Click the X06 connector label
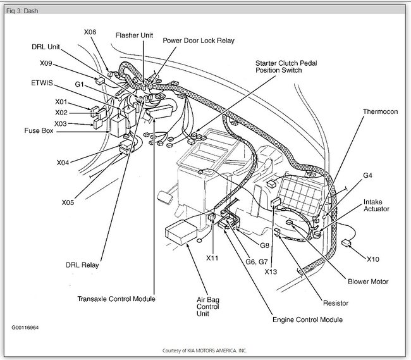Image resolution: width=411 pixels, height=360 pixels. point(90,32)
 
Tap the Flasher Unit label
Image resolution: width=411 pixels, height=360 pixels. point(134,35)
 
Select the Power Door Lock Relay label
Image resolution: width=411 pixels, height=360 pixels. point(199,40)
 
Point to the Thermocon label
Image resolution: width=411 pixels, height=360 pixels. point(380,112)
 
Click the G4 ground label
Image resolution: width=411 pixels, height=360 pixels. point(367,175)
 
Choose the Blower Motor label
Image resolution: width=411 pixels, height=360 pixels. point(368,282)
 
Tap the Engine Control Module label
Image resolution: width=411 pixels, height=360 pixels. point(307,320)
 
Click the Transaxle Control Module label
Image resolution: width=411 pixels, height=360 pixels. point(116,299)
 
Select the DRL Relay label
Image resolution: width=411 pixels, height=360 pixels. point(82,265)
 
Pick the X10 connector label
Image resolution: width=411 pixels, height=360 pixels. point(372,259)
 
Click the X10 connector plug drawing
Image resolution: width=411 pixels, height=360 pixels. point(347,243)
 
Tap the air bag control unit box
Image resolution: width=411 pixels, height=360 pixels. point(181,232)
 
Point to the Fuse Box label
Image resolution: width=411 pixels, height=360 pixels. point(39,130)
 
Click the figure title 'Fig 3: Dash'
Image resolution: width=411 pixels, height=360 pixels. point(22,11)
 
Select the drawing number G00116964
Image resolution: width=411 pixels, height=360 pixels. point(25,328)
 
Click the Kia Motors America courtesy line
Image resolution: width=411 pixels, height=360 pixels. point(204,351)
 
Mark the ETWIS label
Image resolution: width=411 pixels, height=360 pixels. point(42,83)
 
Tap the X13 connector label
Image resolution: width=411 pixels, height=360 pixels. point(271,271)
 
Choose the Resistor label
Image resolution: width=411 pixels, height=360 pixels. point(336,303)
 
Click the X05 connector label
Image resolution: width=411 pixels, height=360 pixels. point(68,202)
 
